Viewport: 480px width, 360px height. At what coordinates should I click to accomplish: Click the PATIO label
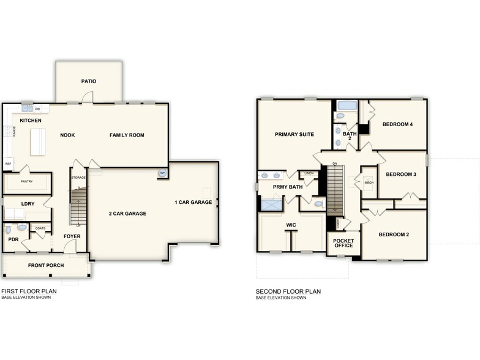coord(89,81)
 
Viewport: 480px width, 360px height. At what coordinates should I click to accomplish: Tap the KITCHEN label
coord(31,121)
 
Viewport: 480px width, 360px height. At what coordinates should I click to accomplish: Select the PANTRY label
coord(26,181)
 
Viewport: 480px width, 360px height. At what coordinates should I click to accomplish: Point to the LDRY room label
coord(28,203)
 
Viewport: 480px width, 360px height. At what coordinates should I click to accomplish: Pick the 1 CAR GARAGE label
coord(193,202)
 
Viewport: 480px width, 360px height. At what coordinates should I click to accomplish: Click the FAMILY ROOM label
coord(127,135)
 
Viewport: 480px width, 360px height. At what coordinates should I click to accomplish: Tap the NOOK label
coord(67,135)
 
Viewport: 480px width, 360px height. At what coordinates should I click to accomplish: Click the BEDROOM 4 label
coord(397,124)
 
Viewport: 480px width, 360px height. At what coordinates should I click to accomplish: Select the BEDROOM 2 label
coord(394,234)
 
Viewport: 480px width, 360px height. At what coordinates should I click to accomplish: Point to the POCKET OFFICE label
coord(343,243)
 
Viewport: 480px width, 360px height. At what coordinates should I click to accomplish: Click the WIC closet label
coord(291,225)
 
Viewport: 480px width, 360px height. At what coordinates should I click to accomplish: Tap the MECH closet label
coord(369,182)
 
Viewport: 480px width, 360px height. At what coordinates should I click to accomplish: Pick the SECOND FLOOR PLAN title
coord(288,292)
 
